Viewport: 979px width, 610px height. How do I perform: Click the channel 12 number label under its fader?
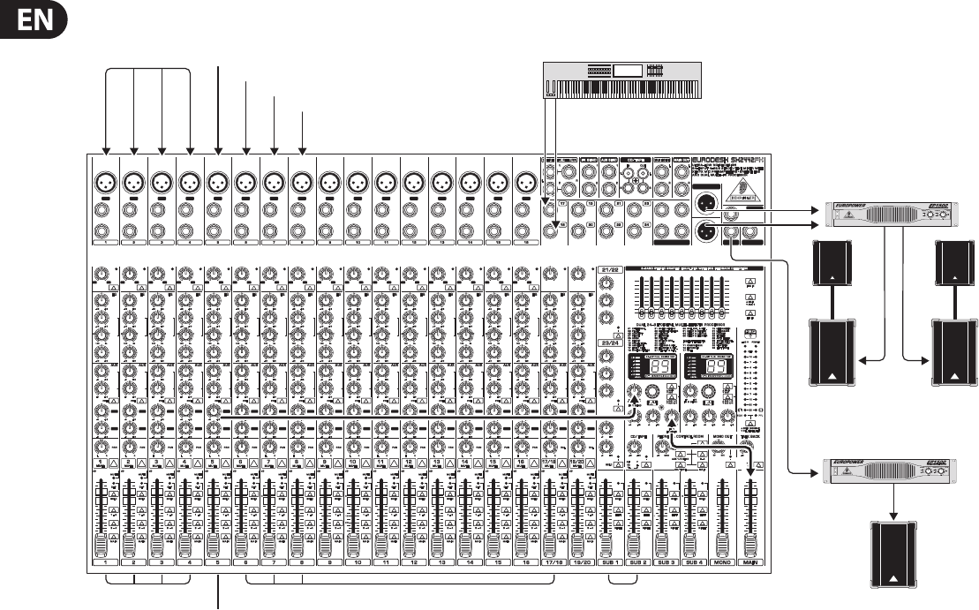[x=414, y=561]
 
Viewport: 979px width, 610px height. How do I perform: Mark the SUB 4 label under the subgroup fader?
[x=694, y=561]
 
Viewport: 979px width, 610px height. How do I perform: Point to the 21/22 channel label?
[x=607, y=269]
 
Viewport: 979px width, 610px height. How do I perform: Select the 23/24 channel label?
[x=607, y=342]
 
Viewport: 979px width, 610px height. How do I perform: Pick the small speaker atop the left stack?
[x=830, y=265]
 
